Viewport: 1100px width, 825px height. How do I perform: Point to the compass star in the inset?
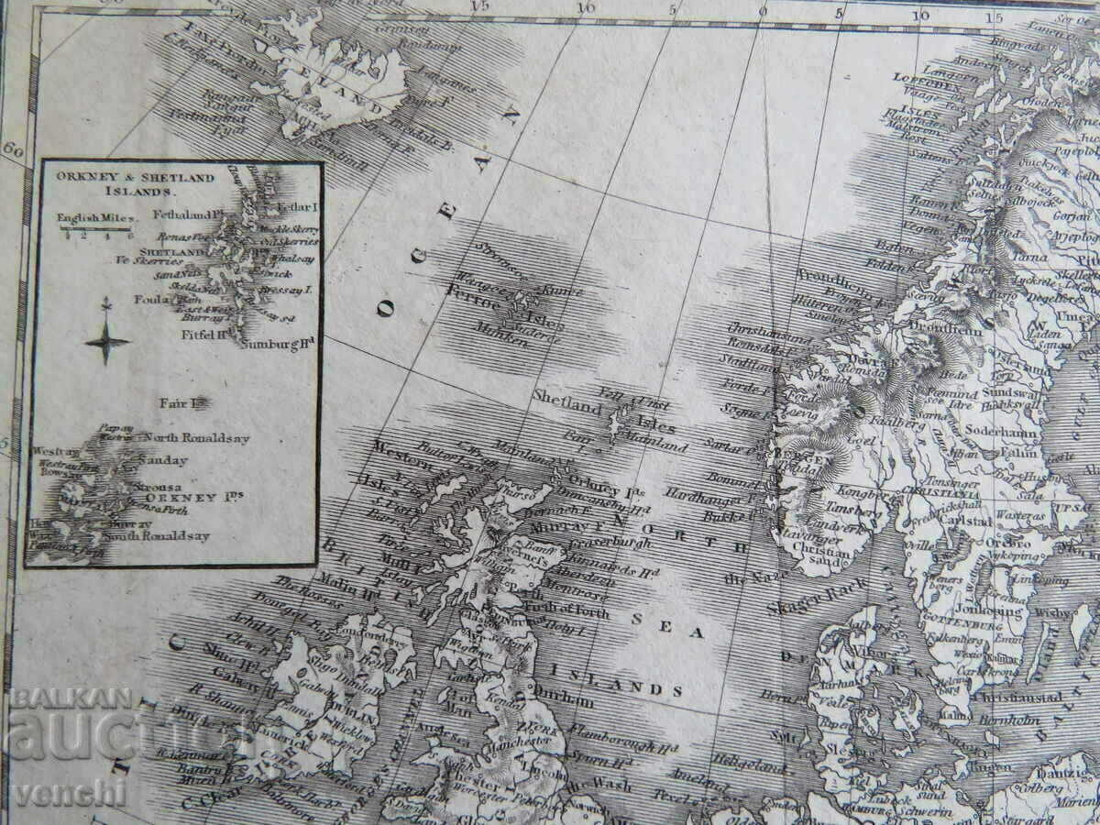click(107, 342)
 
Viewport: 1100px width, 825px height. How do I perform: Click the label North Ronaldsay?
click(196, 438)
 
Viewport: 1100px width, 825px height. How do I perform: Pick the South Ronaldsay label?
click(158, 536)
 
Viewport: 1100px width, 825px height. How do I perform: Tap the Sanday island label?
click(162, 460)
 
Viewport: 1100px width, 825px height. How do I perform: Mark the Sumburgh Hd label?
click(279, 344)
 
